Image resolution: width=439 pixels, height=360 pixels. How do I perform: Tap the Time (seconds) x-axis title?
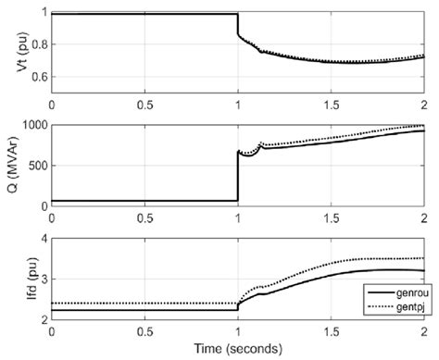click(237, 350)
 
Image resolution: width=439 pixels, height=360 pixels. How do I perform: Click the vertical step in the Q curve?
click(238, 176)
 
